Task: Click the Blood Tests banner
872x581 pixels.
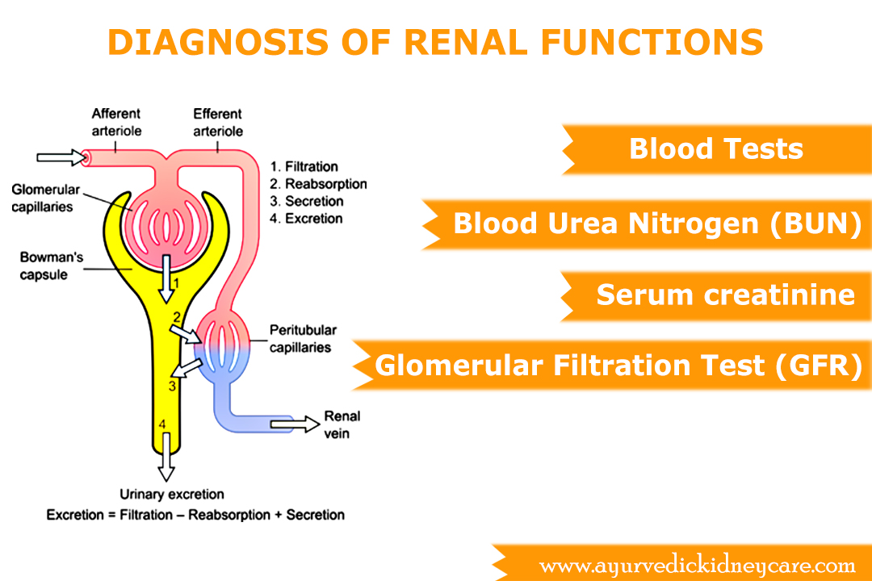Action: pos(716,149)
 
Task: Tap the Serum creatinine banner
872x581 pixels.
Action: pos(725,295)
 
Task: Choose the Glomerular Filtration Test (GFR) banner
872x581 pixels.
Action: pos(618,366)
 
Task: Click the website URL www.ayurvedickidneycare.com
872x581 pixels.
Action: pos(697,564)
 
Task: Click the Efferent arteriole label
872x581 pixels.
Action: pos(218,121)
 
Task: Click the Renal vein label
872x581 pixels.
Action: pos(342,424)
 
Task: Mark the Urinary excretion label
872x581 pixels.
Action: pos(172,494)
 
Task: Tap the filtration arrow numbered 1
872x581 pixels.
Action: pos(166,274)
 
